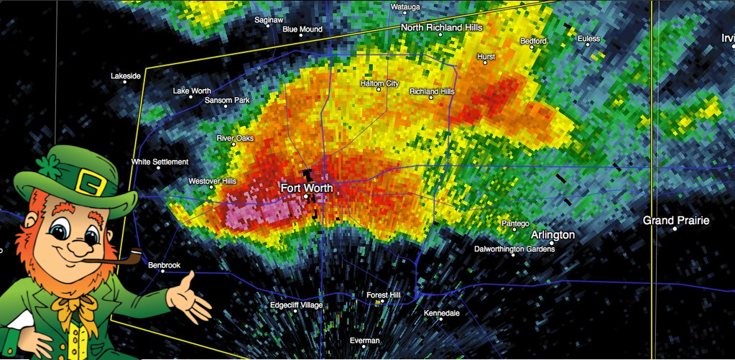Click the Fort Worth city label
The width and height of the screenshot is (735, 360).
point(307,188)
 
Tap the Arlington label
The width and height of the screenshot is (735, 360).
point(553,235)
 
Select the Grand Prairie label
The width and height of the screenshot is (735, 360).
point(675,220)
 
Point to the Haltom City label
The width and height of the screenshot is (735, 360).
point(379,83)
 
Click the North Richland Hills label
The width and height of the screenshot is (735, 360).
point(441,27)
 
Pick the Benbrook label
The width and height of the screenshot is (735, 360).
point(164,265)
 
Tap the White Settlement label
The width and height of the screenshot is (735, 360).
point(160,162)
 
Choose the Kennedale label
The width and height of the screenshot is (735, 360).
point(441,314)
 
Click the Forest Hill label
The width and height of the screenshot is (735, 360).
point(383,295)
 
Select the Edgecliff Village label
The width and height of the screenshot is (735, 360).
point(296,305)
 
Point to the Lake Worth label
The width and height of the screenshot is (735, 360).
point(192,91)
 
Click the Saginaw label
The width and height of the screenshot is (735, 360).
point(269,20)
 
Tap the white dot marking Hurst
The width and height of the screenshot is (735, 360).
point(485,63)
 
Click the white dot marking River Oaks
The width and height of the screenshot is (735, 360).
point(234,144)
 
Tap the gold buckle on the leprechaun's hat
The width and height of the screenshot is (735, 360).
point(91,183)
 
